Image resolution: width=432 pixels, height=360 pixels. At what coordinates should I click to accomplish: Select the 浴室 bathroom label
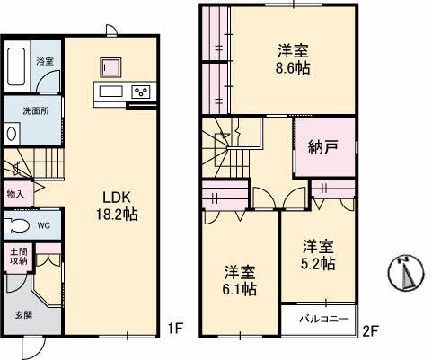coord(45,63)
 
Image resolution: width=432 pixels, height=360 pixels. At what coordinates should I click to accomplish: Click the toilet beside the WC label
coord(14,224)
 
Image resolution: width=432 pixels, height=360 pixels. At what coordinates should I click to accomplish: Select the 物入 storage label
coord(15,194)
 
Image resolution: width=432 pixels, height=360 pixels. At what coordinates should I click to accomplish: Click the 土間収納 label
coord(18,257)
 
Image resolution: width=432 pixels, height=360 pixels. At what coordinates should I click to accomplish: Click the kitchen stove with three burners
coord(141,92)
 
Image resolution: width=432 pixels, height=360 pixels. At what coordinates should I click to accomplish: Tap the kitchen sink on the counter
coord(110,92)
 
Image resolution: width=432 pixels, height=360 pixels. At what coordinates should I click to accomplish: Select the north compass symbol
coord(407,272)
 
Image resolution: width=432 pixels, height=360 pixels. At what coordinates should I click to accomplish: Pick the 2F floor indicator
coord(373,329)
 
